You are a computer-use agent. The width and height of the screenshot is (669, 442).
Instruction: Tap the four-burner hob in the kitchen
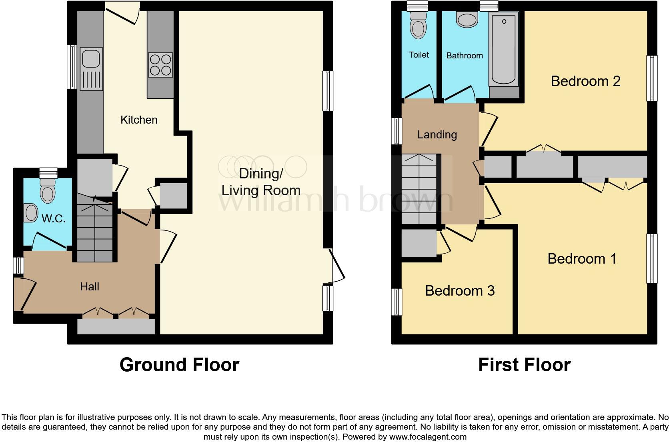click(160, 65)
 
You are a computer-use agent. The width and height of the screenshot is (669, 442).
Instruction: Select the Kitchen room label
click(139, 120)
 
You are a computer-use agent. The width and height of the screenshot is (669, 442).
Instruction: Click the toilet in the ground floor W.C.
click(48, 192)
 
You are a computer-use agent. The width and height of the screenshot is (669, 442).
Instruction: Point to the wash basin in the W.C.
click(31, 213)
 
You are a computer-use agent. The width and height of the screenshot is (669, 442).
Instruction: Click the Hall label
click(89, 286)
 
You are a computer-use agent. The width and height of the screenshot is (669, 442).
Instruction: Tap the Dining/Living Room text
click(261, 182)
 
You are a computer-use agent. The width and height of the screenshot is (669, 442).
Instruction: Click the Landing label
click(437, 134)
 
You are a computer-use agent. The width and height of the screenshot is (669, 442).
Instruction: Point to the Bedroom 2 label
click(585, 81)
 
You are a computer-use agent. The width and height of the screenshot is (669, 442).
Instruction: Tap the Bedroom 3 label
click(460, 290)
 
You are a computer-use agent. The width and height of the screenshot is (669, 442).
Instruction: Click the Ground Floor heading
click(179, 365)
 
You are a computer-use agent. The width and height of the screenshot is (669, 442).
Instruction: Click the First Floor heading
click(524, 365)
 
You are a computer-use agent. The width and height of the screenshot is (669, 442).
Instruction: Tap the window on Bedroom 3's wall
click(397, 302)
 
